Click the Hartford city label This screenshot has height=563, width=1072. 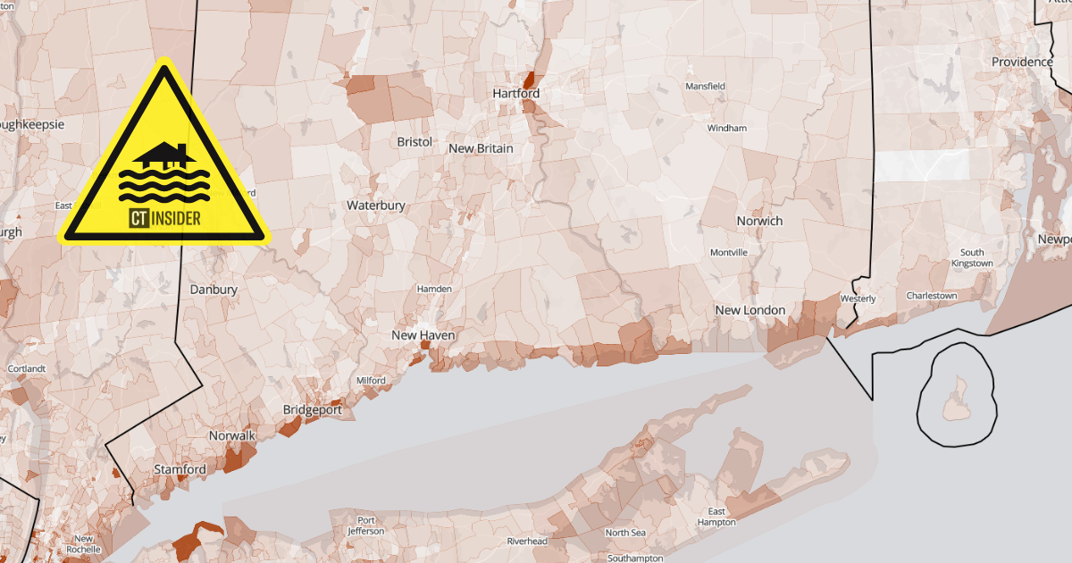(x=516, y=93)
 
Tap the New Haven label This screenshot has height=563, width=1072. (x=423, y=335)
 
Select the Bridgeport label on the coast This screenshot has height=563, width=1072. (x=312, y=410)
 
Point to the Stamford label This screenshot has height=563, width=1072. (x=180, y=469)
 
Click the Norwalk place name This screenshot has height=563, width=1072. (x=232, y=436)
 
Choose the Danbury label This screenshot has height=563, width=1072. (x=214, y=290)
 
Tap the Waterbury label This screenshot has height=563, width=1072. (x=376, y=206)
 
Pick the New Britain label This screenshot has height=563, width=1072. (x=481, y=148)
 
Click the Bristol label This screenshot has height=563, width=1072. (x=415, y=142)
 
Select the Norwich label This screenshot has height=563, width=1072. (x=759, y=221)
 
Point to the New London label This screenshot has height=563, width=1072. (x=750, y=310)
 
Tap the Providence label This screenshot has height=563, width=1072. (x=1022, y=62)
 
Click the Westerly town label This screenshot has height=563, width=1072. (x=858, y=298)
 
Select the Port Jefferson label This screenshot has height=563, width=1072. (x=366, y=525)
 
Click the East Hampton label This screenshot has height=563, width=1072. (x=716, y=517)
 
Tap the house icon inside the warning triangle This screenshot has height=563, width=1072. (x=163, y=155)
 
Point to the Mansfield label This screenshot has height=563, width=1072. (x=705, y=86)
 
